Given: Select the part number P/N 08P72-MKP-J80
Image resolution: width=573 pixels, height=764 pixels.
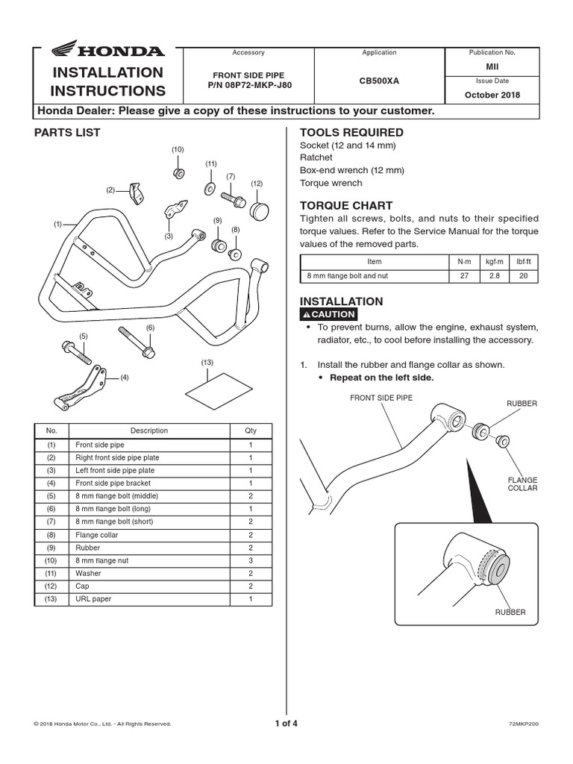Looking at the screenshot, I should coord(248,85).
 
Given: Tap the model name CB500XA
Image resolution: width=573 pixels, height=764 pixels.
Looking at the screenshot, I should coord(379,80).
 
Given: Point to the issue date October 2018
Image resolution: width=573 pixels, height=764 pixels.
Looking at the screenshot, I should coord(492,95).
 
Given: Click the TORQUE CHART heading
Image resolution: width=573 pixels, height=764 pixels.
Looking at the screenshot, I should coord(335,205).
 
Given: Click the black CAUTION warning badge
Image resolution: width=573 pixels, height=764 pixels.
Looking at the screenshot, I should coord(327,314).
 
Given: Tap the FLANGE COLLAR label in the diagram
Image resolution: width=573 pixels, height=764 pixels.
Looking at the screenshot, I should coord(522,483).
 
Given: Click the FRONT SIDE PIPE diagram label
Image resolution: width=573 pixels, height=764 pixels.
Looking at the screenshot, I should coord(381,398).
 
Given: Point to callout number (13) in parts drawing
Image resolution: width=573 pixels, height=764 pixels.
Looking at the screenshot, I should coord(207,363).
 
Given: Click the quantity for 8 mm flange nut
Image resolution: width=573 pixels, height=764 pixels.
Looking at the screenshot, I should coord(251,560).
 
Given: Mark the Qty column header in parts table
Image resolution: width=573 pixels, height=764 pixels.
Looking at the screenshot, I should coord(251,430).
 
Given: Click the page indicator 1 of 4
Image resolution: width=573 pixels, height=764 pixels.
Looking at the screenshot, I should coord(286,722).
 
